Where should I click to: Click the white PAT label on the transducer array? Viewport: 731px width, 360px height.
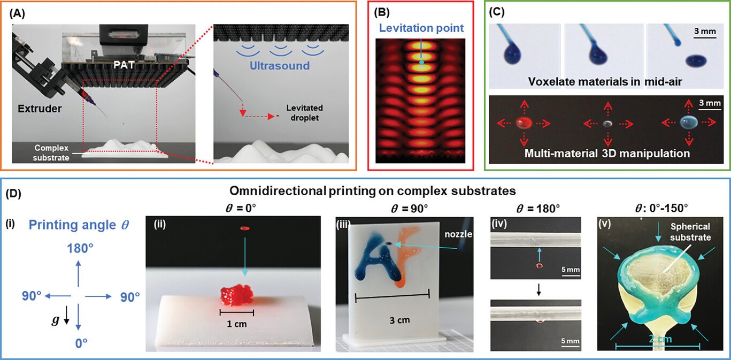coord(124,65)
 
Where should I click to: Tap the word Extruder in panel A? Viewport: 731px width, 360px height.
coord(40,109)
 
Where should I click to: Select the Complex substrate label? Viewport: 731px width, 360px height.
coord(51,153)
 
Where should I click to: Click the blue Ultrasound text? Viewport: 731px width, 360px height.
coord(280,66)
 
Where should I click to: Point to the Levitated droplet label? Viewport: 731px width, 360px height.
coord(304,113)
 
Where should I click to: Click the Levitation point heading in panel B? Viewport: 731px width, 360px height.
coord(421,28)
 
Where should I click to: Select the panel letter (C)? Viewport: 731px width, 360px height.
coord(497,12)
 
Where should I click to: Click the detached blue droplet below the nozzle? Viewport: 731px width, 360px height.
coord(696,60)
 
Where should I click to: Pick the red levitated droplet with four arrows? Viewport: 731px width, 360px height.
coord(524,123)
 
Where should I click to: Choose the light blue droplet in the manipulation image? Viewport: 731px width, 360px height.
coord(689,122)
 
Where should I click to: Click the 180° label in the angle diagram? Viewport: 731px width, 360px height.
coord(80,248)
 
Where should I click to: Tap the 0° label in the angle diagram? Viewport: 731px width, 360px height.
coord(81,343)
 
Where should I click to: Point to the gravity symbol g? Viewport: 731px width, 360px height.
coord(56,320)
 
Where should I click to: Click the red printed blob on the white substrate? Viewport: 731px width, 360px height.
coord(236,296)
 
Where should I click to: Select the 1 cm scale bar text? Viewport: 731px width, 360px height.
coord(236,324)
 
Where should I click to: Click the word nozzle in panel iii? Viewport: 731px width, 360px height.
coord(458,234)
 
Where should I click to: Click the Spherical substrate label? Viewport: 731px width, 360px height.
coord(690,232)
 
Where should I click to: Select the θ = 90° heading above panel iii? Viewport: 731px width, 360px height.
coord(409,208)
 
